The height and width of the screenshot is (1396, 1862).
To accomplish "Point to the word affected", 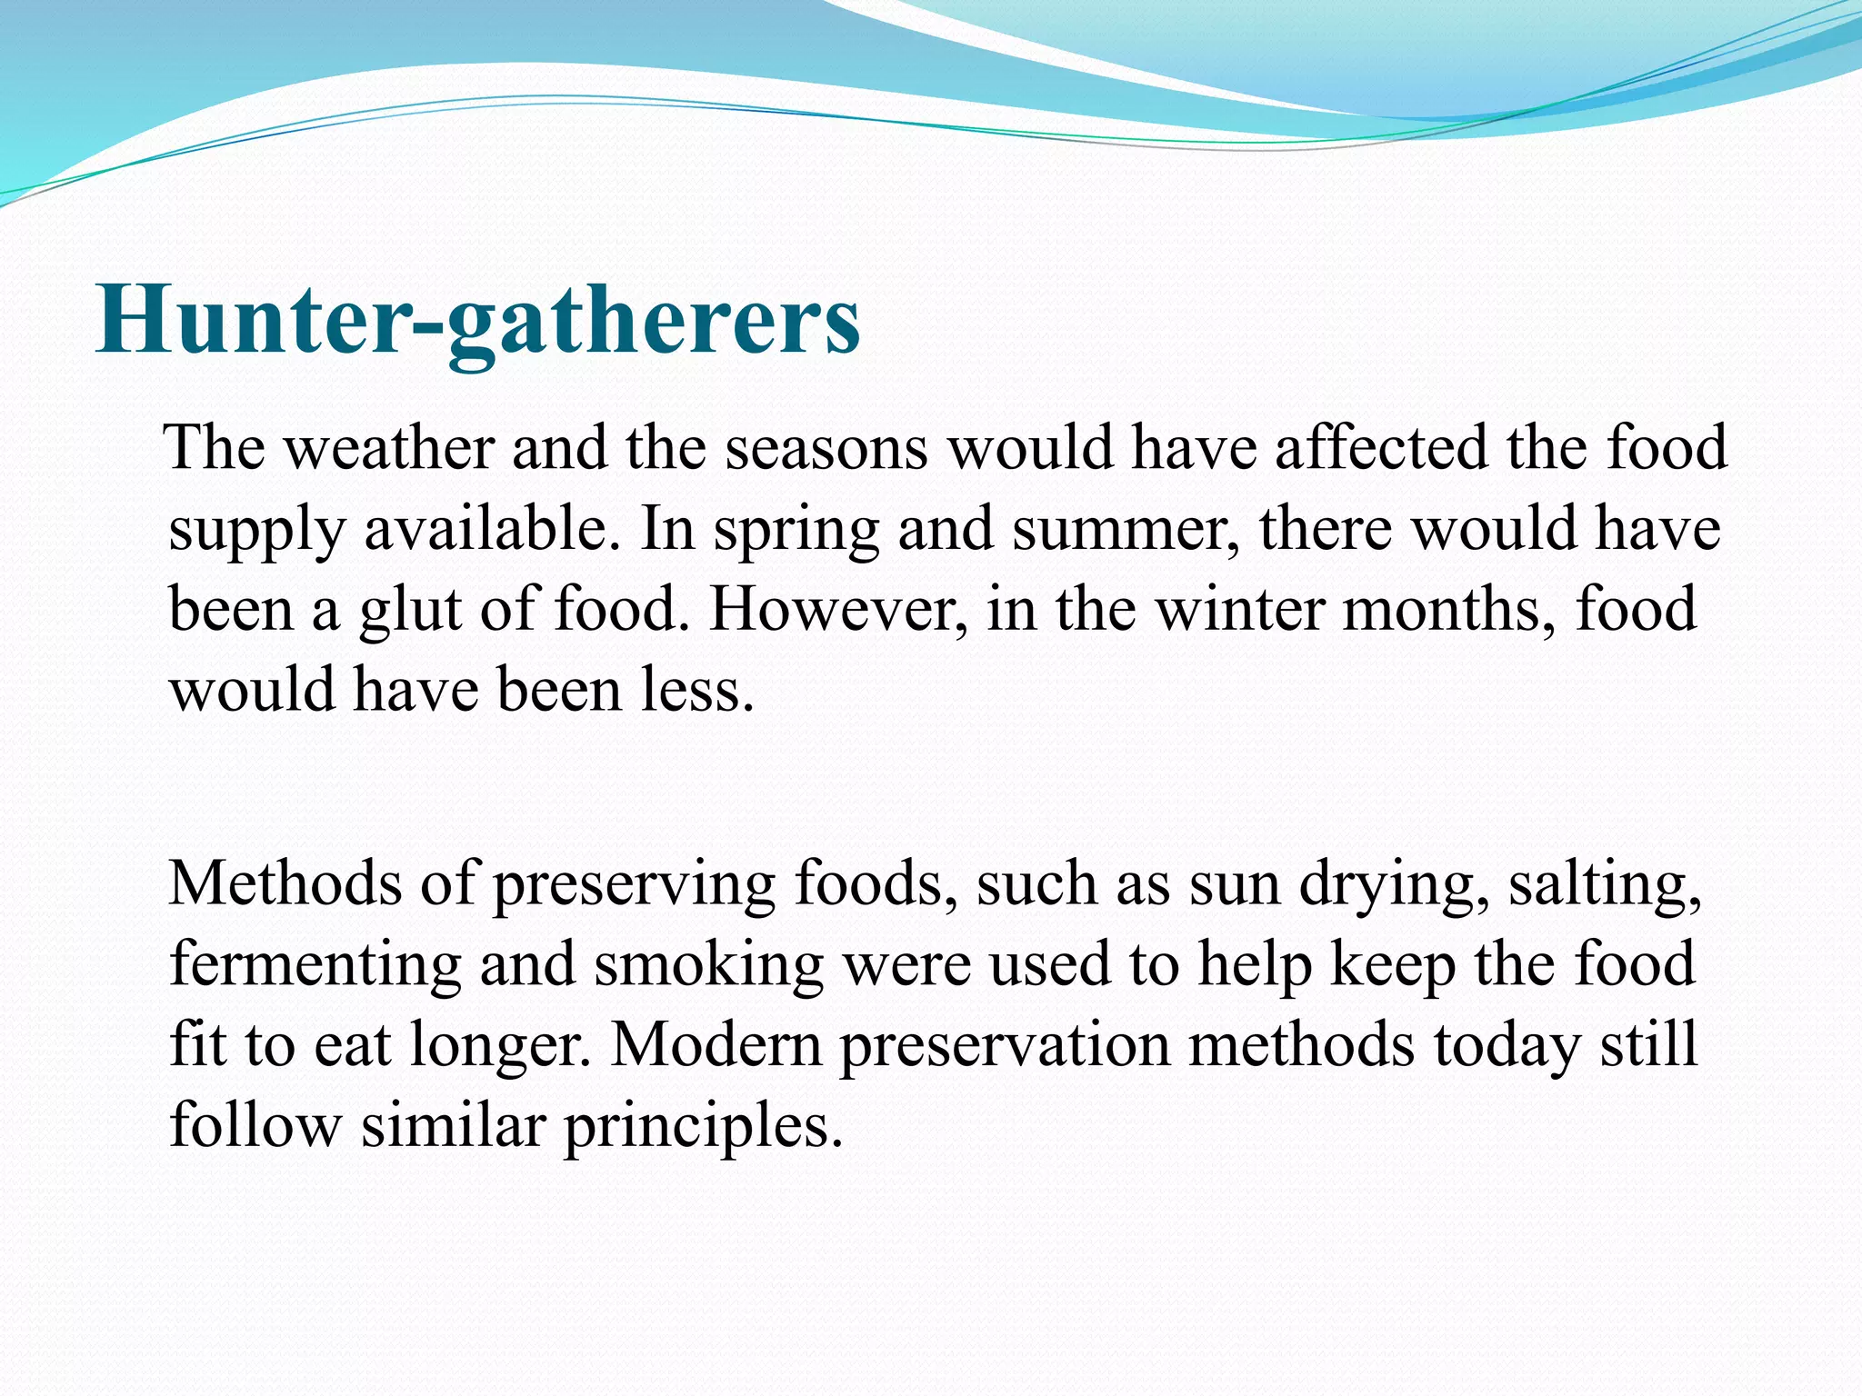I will [x=1381, y=448].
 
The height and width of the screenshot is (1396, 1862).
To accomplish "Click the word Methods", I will [x=285, y=883].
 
